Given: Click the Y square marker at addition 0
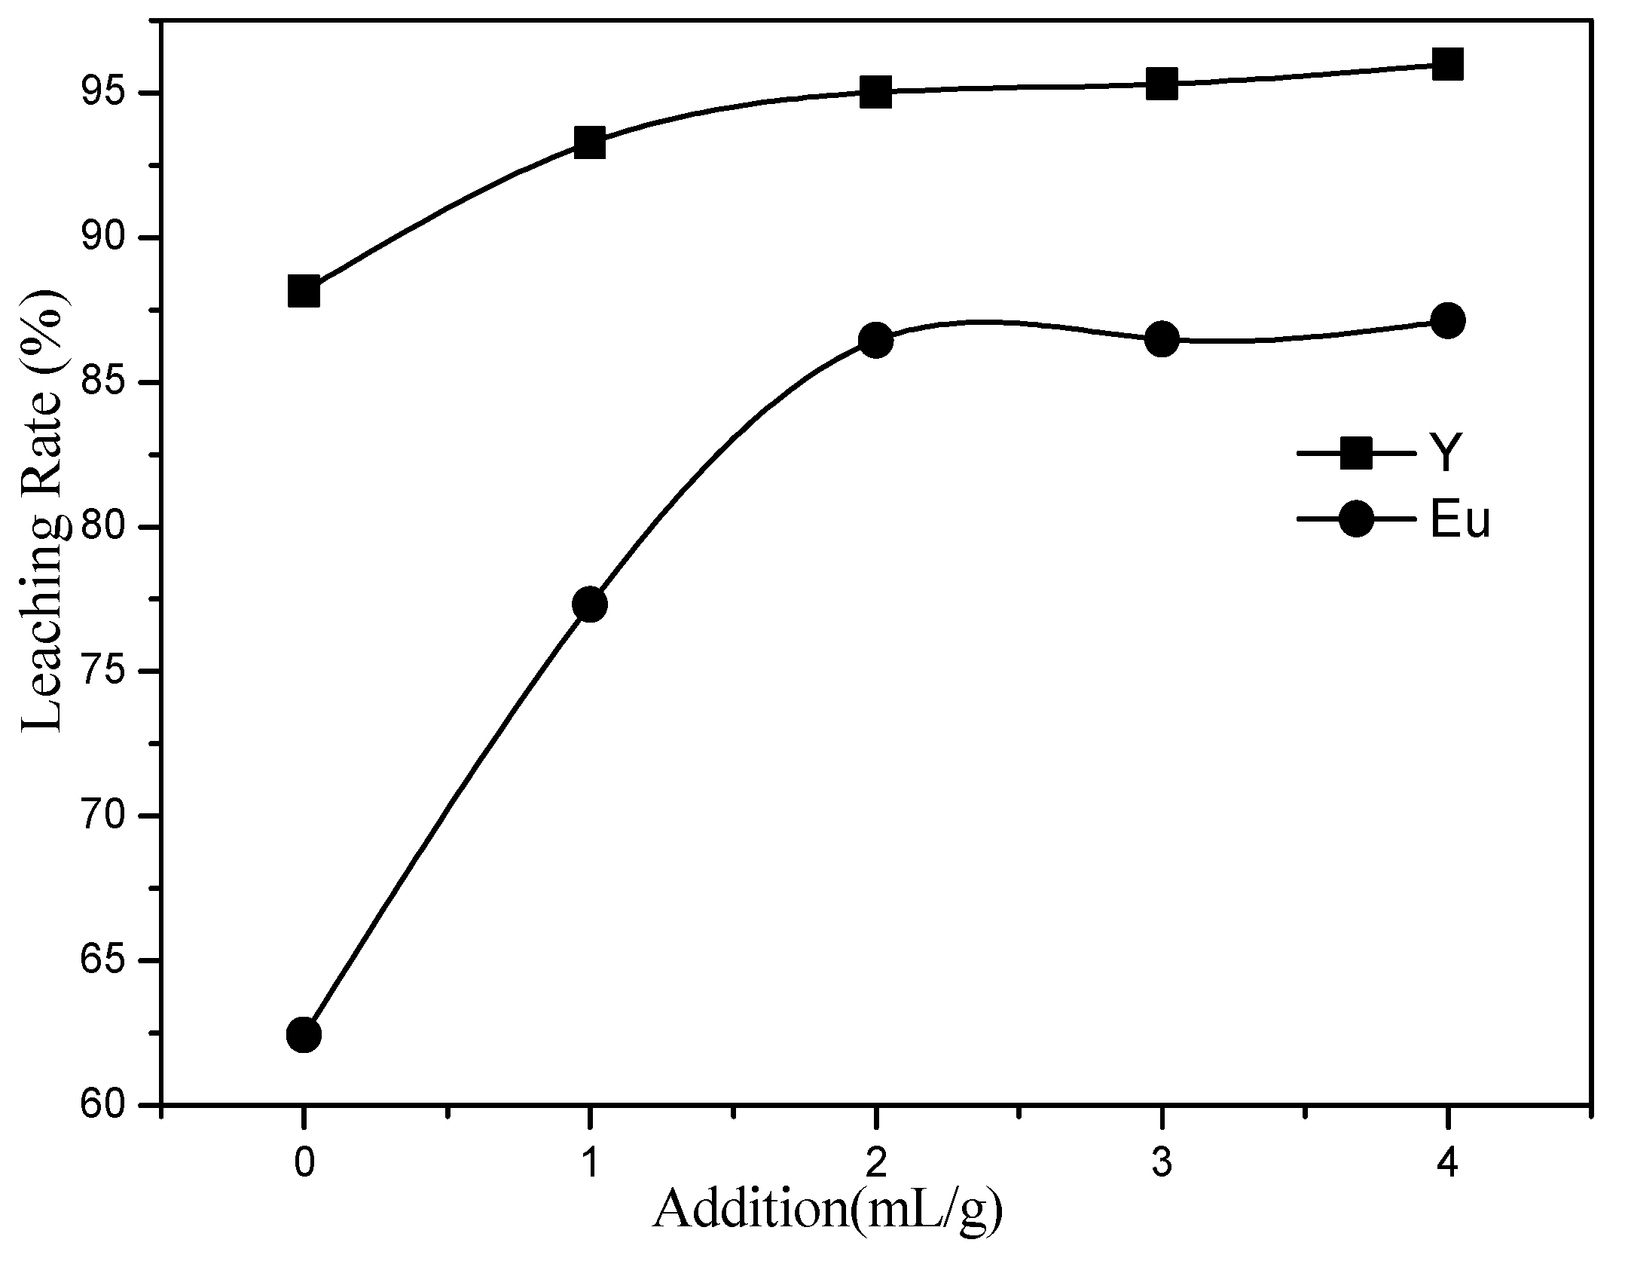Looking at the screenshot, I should tap(303, 291).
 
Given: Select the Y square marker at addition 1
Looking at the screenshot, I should tap(589, 142).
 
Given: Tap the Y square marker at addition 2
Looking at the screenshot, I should tap(875, 92).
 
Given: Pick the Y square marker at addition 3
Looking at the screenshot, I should tap(1162, 84).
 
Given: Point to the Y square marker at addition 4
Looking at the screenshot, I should tap(1447, 64).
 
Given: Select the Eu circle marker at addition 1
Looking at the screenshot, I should tap(589, 604).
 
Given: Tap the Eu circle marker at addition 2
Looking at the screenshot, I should tap(875, 341).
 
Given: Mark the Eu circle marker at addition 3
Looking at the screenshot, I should tap(1162, 339).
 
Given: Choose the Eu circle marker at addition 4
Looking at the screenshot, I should tap(1447, 321).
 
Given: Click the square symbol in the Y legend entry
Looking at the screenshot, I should tap(1357, 454).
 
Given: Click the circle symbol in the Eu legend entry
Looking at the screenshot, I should tap(1357, 519).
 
